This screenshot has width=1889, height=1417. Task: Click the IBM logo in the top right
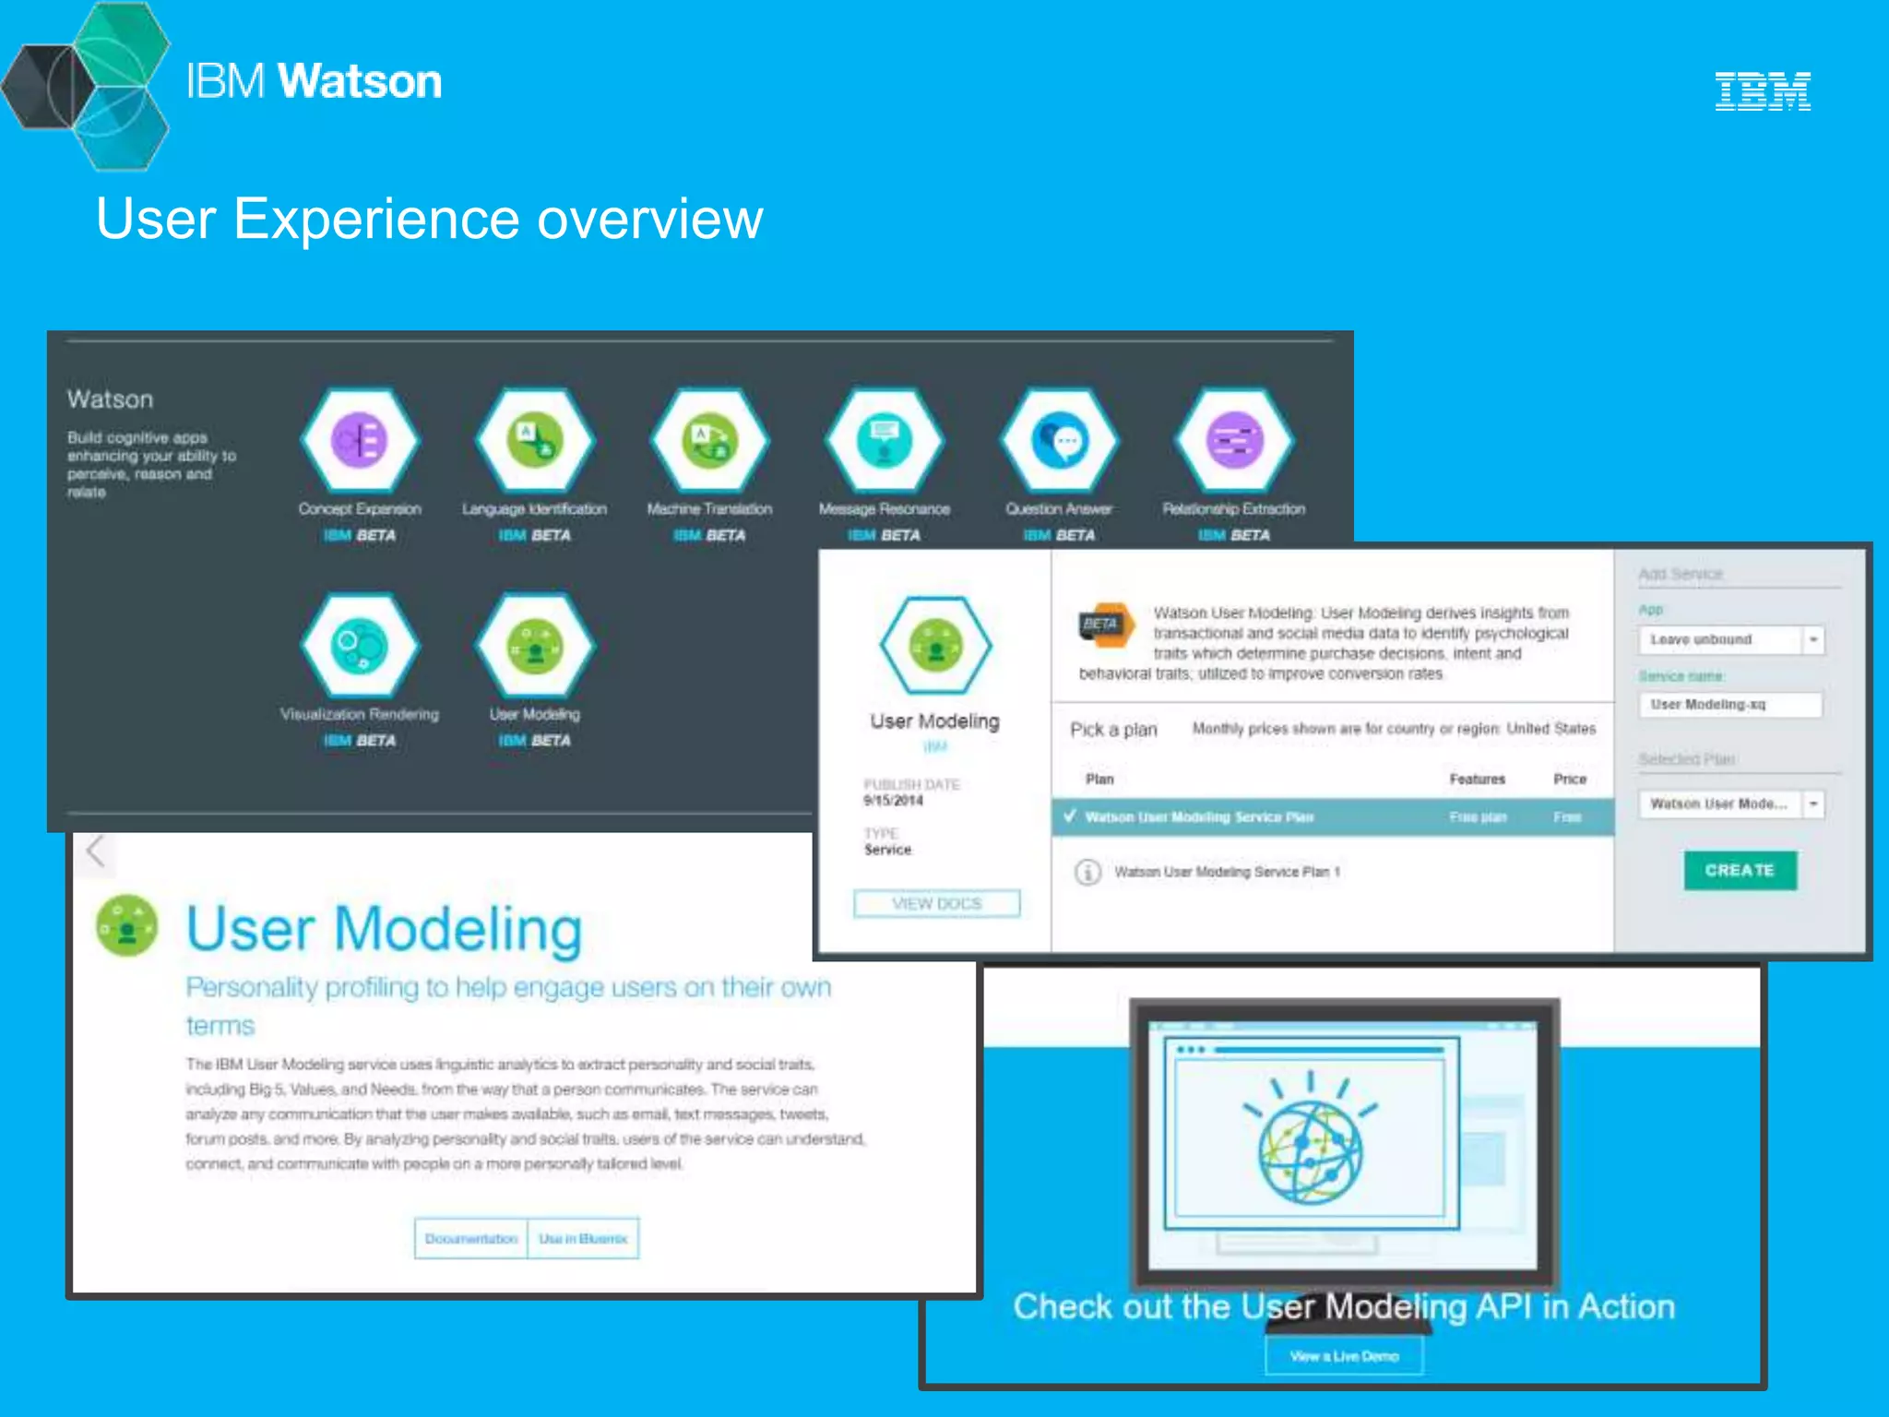(1763, 91)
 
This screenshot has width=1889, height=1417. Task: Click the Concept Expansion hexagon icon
(360, 440)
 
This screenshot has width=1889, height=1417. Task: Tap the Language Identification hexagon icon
(535, 440)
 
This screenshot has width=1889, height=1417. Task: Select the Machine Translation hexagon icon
(709, 440)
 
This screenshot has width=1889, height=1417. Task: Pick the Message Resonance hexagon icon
(885, 440)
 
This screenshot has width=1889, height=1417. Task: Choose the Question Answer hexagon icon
(1059, 440)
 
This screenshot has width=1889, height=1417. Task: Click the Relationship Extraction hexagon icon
(1234, 440)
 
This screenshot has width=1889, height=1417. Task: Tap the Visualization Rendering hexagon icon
(360, 645)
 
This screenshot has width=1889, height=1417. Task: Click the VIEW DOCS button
(937, 903)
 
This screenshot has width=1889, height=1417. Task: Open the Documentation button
(471, 1239)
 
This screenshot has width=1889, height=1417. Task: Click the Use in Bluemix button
(583, 1239)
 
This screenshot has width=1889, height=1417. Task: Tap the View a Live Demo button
(1344, 1356)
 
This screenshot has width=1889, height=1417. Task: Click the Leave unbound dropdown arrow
(1813, 639)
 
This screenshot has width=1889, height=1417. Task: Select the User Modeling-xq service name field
(1729, 705)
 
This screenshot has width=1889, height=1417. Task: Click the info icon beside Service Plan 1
(1087, 872)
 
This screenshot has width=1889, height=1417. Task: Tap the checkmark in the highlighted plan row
(1070, 816)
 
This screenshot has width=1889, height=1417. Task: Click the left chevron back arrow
(95, 850)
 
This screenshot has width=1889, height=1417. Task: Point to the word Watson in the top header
(360, 81)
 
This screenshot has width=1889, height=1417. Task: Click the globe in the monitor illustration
(1310, 1153)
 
